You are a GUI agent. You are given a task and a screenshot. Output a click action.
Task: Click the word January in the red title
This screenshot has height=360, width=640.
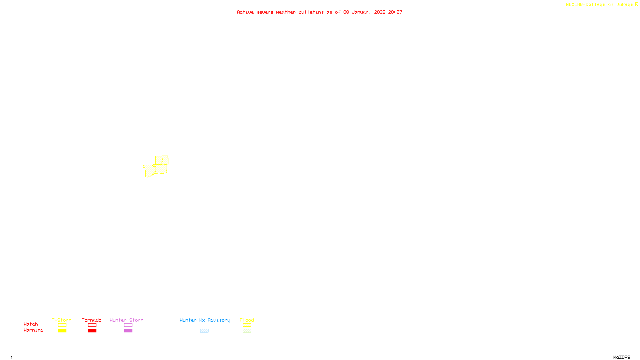(x=361, y=12)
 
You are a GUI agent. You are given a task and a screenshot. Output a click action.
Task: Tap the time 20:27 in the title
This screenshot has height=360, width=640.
(x=395, y=12)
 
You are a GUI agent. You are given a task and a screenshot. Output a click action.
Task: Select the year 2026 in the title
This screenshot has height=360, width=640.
(x=380, y=12)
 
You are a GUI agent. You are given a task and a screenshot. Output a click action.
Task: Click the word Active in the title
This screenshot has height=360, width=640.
(x=245, y=12)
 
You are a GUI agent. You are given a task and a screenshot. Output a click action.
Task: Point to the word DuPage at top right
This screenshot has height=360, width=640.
(x=624, y=4)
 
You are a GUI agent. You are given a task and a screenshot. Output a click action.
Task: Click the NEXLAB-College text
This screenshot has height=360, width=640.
(x=585, y=4)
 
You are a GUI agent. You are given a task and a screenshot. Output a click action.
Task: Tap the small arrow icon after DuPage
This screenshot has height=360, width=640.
(x=636, y=4)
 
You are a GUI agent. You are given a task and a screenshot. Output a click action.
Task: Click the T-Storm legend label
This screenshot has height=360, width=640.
(x=62, y=320)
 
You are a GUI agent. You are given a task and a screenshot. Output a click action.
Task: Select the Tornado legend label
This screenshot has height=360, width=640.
(x=92, y=320)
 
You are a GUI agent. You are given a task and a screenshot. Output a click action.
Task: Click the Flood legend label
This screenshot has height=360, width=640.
(x=247, y=320)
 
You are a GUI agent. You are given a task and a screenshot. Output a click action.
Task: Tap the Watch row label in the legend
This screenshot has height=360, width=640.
(x=31, y=324)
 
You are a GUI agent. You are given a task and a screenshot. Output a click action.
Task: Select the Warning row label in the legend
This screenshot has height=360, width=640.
(x=33, y=330)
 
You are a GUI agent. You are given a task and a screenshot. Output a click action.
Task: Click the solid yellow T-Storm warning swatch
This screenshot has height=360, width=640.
(x=62, y=331)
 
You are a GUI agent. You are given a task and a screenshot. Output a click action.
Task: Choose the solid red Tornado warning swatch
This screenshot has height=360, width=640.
(x=92, y=331)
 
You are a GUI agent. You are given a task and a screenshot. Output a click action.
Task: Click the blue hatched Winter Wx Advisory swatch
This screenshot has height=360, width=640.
(x=204, y=331)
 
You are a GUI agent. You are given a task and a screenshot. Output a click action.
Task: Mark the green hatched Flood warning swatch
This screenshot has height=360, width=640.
(x=247, y=331)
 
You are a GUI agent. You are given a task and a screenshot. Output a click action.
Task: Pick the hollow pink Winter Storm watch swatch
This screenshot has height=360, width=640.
(x=128, y=325)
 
